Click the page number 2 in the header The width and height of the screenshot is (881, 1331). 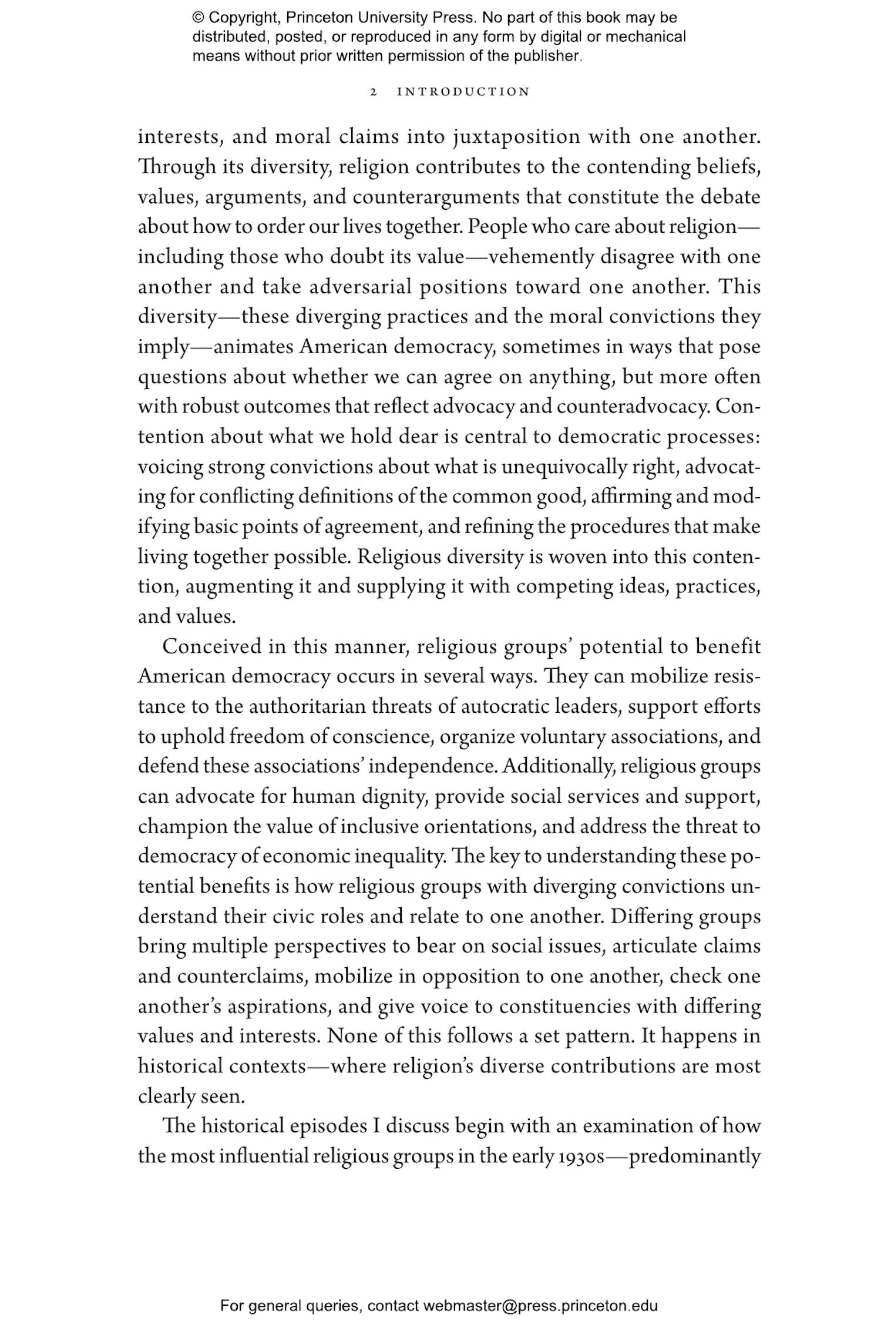click(x=373, y=92)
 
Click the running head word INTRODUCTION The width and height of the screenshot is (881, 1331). click(x=463, y=92)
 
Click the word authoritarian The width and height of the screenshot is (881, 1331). click(x=306, y=707)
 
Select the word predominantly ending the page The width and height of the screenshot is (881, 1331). click(x=694, y=1156)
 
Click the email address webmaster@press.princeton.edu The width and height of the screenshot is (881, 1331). click(x=540, y=1306)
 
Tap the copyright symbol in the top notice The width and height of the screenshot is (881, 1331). click(x=197, y=18)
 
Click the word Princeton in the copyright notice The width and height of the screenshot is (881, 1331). click(x=312, y=18)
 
